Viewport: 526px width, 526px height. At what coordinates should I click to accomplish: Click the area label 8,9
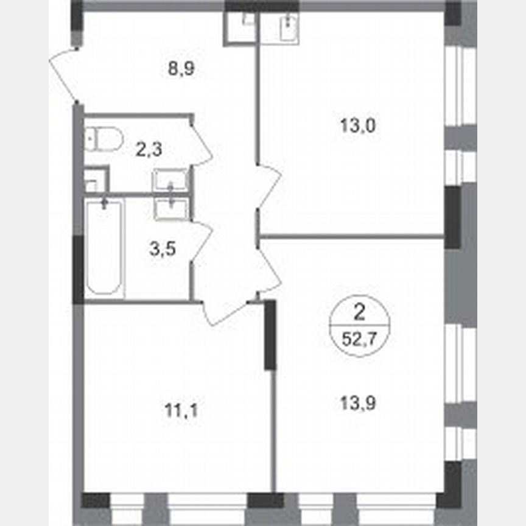[x=181, y=68]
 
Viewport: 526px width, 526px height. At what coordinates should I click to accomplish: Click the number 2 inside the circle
[x=359, y=314]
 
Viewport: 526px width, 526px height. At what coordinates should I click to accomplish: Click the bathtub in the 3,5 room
[x=104, y=248]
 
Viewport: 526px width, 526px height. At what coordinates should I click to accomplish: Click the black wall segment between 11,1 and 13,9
[x=270, y=335]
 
